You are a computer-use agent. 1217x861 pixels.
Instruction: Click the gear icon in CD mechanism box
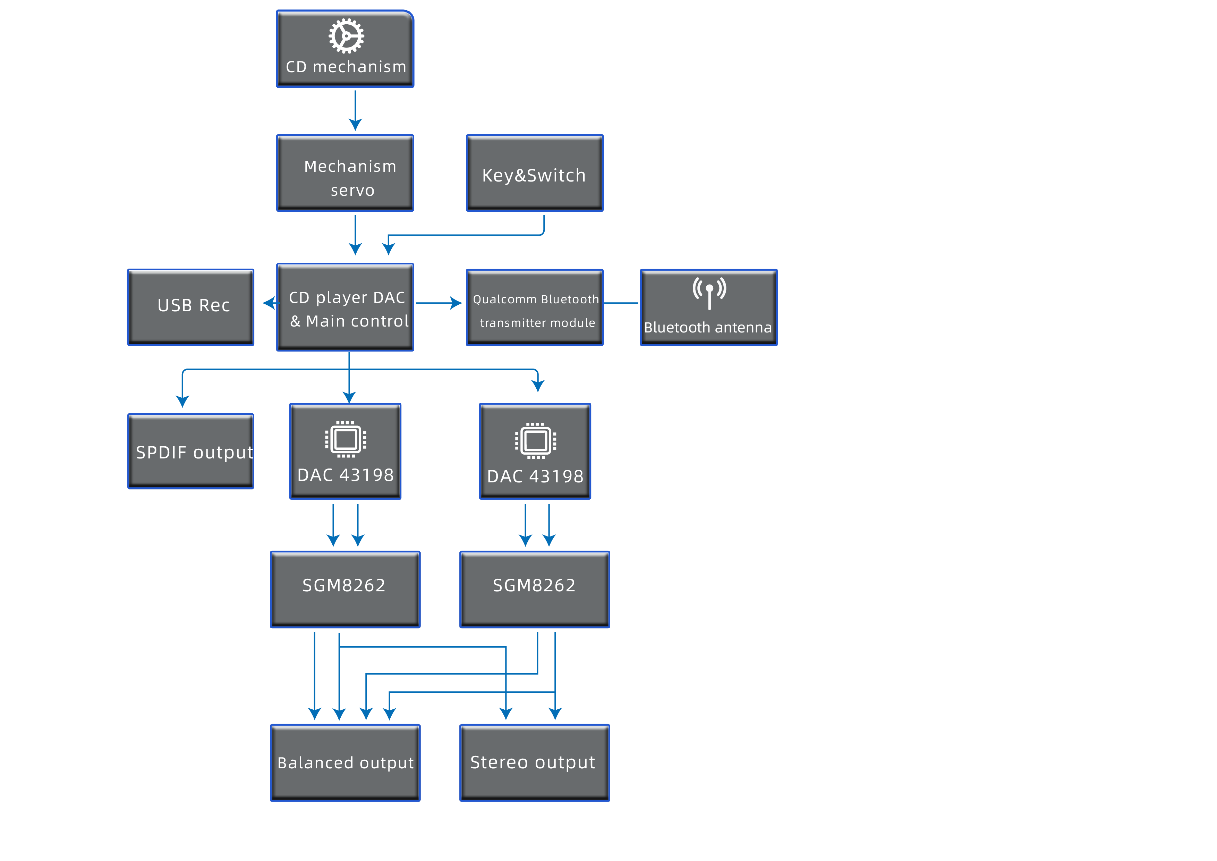(346, 36)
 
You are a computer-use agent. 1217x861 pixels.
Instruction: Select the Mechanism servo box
(345, 173)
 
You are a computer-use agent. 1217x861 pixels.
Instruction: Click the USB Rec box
(191, 307)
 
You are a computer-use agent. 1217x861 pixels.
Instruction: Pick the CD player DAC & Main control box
(345, 307)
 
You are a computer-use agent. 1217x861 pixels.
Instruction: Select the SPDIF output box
(191, 451)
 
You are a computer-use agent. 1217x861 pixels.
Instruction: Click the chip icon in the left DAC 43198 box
(346, 439)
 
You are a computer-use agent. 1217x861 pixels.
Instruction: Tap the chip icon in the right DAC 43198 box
(535, 441)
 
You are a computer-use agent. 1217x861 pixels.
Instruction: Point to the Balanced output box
(345, 763)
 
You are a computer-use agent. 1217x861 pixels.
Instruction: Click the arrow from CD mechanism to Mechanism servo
(355, 110)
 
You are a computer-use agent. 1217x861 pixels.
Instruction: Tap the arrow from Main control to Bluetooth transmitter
(439, 303)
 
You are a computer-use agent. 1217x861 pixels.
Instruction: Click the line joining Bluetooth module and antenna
(621, 303)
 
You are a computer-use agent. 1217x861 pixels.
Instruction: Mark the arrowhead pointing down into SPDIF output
(182, 401)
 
